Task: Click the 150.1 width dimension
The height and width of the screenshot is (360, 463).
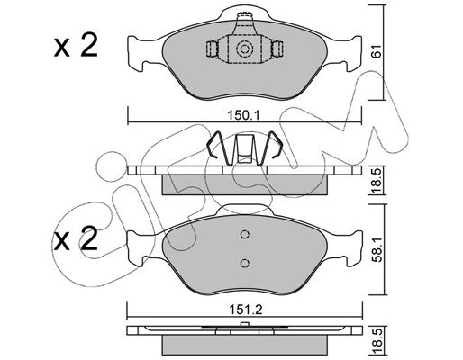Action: [x=243, y=115]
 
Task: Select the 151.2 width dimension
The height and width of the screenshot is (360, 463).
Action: [x=245, y=310]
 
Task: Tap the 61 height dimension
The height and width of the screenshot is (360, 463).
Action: [x=377, y=51]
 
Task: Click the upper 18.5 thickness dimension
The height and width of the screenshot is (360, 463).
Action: [x=377, y=181]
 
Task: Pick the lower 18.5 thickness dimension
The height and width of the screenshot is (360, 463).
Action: [x=377, y=343]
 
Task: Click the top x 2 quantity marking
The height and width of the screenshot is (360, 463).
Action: [x=76, y=46]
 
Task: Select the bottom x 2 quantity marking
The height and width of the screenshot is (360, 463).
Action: [x=76, y=238]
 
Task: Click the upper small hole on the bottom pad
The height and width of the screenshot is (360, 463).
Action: [x=245, y=234]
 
